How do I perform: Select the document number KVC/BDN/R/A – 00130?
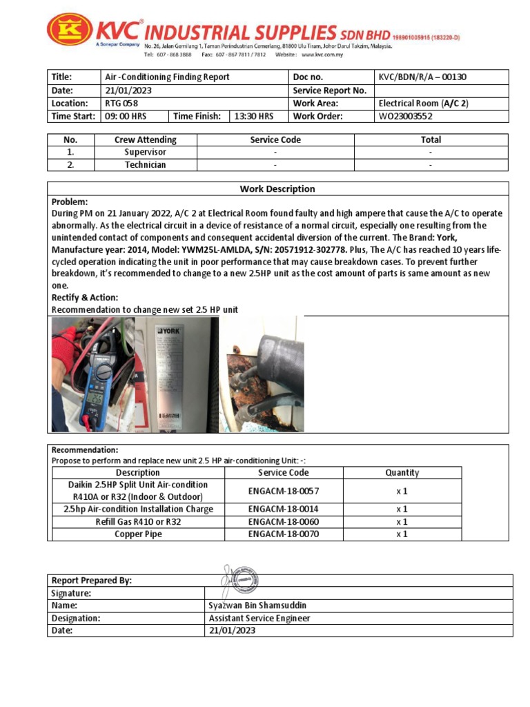tap(427, 77)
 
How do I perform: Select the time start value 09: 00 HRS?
tap(125, 116)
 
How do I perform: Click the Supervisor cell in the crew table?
tap(145, 152)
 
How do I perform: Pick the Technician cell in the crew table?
tap(145, 165)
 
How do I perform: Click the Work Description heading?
tap(277, 189)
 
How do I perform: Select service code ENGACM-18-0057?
tap(284, 491)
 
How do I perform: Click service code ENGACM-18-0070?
tap(284, 534)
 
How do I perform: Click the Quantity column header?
tap(402, 473)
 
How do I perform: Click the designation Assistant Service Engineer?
tap(259, 619)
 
